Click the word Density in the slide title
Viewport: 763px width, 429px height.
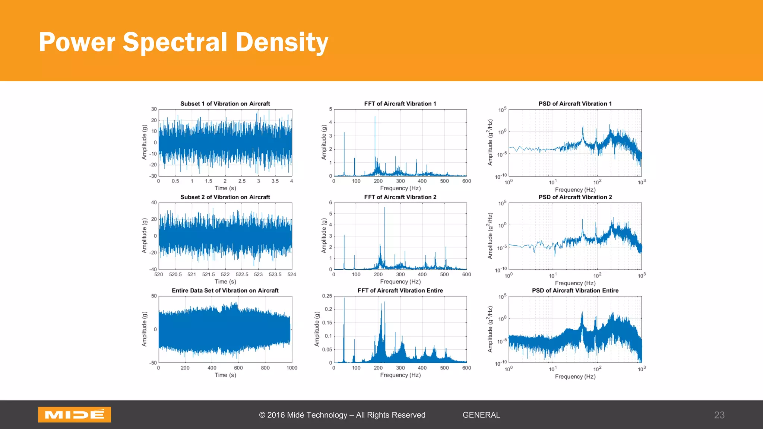click(282, 42)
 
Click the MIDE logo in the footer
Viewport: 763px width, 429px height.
click(75, 414)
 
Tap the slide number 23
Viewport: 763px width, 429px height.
click(719, 415)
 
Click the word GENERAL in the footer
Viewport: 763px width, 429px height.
click(481, 415)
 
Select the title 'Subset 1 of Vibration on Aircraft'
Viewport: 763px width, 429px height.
click(225, 104)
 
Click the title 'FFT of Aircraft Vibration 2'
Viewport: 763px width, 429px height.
click(400, 197)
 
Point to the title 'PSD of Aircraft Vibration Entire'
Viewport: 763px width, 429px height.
click(575, 290)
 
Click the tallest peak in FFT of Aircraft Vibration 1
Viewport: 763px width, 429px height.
click(375, 117)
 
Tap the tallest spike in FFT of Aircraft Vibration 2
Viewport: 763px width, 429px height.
click(384, 208)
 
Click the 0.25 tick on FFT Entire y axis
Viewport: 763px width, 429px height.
click(327, 296)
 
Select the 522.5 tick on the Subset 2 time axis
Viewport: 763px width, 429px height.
click(242, 274)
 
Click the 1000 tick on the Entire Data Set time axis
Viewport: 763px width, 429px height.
click(292, 368)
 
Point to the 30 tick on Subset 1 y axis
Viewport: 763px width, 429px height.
click(154, 109)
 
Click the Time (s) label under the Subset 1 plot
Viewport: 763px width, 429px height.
click(225, 188)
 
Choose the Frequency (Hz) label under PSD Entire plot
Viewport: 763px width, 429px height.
click(575, 376)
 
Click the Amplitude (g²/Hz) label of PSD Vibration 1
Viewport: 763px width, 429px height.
click(490, 142)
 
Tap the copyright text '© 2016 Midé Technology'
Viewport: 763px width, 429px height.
click(303, 415)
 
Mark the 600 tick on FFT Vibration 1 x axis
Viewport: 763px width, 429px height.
click(466, 181)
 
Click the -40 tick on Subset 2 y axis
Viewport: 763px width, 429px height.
click(153, 269)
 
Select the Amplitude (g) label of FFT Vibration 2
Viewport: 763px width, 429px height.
click(324, 236)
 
